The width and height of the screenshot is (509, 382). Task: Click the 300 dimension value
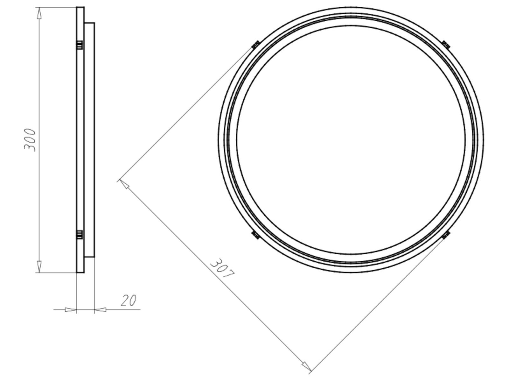point(30,140)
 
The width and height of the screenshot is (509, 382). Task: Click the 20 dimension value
point(129,301)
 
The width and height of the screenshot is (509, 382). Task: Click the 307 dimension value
point(222,268)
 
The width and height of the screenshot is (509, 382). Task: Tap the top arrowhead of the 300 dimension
point(39,13)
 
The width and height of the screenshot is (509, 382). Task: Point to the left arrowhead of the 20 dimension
point(71,310)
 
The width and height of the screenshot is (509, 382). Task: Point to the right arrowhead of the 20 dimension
point(100,310)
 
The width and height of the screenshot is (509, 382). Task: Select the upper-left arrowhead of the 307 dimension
point(124,184)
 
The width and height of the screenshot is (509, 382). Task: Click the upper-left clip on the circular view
point(256,45)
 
